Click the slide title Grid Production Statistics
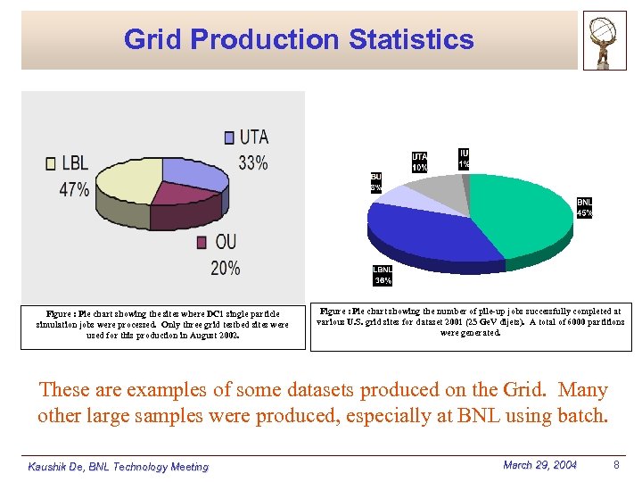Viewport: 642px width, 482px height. click(299, 39)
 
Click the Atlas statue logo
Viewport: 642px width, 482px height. click(605, 40)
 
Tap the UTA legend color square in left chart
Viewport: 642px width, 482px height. click(230, 137)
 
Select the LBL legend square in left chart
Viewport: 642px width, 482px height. click(51, 163)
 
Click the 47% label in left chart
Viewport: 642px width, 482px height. click(74, 189)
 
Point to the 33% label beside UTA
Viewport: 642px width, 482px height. click(253, 162)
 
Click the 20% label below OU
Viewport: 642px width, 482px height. click(225, 267)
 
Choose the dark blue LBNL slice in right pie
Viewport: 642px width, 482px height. click(419, 232)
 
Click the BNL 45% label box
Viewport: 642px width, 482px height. click(585, 208)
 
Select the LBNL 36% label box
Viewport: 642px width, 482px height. click(383, 276)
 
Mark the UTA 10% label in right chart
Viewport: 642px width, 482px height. click(419, 162)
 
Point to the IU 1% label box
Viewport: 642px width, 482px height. click(464, 159)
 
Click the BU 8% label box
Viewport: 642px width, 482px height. click(376, 183)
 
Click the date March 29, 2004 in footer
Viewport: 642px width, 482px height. click(539, 465)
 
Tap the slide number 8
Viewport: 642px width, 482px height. click(616, 465)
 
